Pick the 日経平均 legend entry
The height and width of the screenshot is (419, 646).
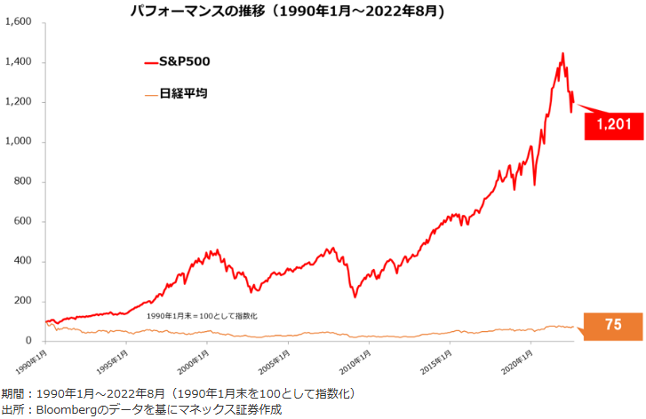pos(183,93)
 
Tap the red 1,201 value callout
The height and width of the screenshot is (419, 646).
pos(613,124)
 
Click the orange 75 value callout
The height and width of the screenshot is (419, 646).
pos(612,326)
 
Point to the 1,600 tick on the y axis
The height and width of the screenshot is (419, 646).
pos(18,22)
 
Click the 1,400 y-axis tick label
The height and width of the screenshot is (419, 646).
pos(18,62)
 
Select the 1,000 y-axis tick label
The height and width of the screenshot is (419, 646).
pos(18,142)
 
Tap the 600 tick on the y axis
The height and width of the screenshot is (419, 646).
pos(23,221)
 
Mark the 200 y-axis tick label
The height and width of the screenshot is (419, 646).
pos(23,301)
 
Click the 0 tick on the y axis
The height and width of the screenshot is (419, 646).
pos(29,341)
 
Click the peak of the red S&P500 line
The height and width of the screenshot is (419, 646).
pos(562,54)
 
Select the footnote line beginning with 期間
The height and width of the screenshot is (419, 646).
pos(178,393)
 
